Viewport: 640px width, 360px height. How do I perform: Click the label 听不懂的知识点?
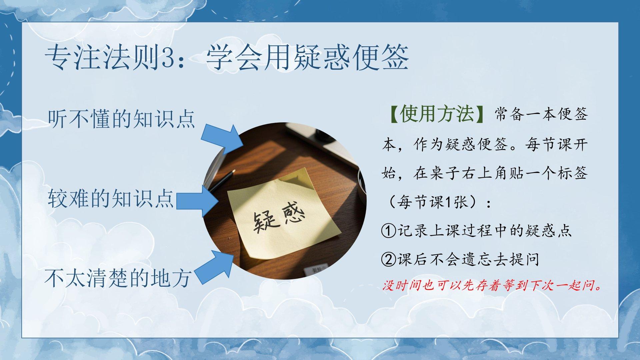point(121,119)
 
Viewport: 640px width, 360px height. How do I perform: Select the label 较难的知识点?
point(111,199)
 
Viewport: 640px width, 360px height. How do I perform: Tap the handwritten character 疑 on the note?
point(262,222)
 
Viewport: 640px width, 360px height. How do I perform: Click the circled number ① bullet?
point(388,231)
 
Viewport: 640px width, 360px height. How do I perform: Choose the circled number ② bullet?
point(388,259)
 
